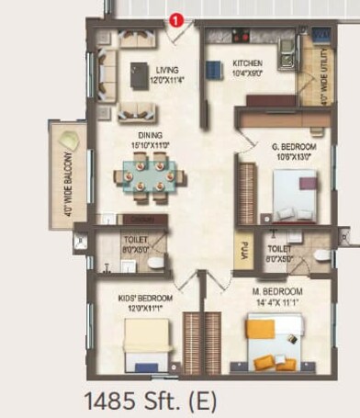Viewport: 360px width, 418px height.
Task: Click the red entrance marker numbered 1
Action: (x=174, y=17)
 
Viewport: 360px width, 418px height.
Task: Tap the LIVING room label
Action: (x=166, y=70)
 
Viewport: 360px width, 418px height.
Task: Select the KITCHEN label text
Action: (x=222, y=64)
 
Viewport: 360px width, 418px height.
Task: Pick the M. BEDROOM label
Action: (x=281, y=292)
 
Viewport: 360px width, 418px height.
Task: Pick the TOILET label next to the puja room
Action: (x=279, y=249)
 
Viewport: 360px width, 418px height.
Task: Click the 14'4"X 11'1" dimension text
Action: (x=281, y=301)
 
